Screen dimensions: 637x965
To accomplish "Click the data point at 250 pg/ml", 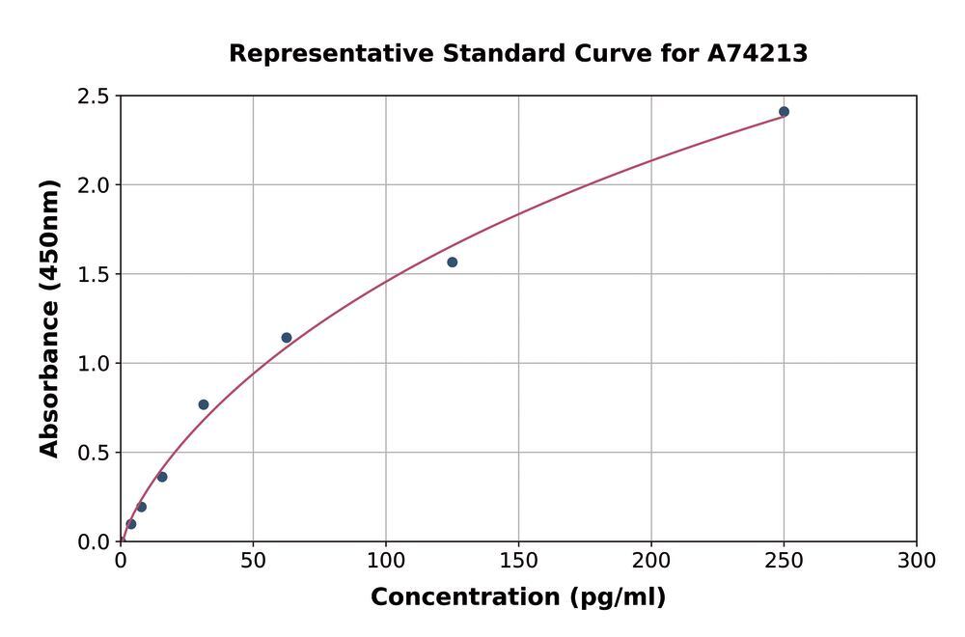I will click(x=784, y=112).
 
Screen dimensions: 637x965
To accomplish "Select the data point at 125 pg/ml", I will click(x=452, y=263).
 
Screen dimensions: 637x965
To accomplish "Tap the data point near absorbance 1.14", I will click(x=287, y=338).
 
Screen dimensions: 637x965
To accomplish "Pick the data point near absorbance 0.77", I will click(x=204, y=404).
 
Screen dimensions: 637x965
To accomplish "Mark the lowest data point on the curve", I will click(x=131, y=524).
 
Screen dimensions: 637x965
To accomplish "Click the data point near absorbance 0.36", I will click(x=162, y=477).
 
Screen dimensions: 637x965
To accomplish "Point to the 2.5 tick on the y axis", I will click(x=96, y=97).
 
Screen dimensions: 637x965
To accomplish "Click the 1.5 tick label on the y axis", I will click(x=96, y=274).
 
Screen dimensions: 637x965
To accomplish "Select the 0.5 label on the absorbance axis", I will click(x=96, y=453).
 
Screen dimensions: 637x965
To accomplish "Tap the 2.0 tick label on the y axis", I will click(x=96, y=185).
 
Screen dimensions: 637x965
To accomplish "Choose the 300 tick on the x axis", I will click(x=916, y=561).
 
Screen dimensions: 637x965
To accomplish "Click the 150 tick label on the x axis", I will click(x=518, y=561).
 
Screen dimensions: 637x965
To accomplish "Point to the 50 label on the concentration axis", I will click(x=253, y=561).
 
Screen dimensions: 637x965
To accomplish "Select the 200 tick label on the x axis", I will click(x=651, y=561).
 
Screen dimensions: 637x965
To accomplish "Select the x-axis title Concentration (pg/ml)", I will click(x=518, y=597).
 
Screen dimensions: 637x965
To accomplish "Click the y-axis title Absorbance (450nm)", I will click(x=50, y=318).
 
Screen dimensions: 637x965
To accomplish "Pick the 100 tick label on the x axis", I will click(x=386, y=561).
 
